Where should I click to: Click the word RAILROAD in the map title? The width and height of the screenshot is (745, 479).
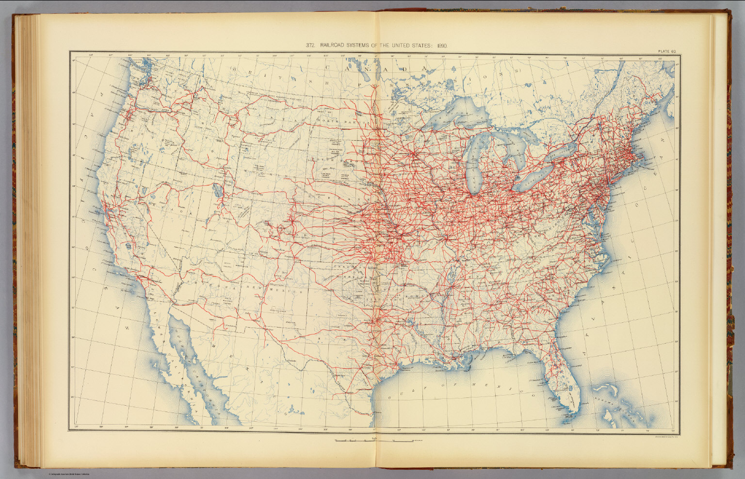pyautogui.click(x=334, y=46)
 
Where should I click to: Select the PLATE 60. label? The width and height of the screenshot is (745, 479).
pyautogui.click(x=668, y=51)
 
